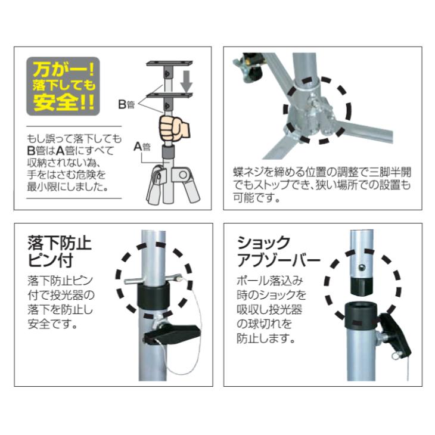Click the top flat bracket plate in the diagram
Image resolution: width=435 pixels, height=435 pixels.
[x=172, y=63]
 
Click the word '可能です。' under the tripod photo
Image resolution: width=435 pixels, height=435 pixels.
[x=247, y=196]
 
